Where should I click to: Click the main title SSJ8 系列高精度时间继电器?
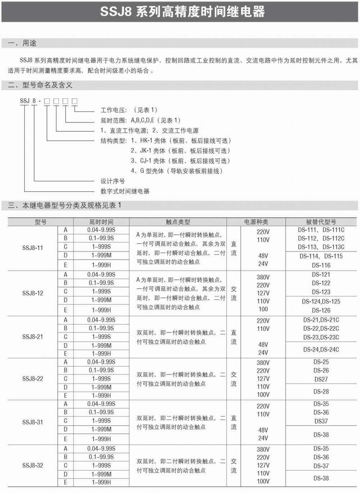[182, 12]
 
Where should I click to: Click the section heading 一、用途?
[22, 43]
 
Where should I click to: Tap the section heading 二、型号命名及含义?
[40, 85]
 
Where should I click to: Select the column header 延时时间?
[101, 222]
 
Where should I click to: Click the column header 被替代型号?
[321, 222]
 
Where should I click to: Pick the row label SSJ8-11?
[32, 248]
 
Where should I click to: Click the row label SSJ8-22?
[32, 379]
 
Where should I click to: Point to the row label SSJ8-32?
[32, 465]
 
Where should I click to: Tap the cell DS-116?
[321, 265]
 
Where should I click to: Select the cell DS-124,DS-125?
[321, 301]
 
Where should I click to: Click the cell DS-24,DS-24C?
[321, 349]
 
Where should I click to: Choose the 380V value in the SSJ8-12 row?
[263, 277]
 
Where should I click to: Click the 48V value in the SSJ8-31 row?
[263, 430]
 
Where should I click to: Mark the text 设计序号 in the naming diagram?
[112, 181]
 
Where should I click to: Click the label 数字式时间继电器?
[125, 191]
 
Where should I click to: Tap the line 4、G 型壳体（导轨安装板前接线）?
[176, 171]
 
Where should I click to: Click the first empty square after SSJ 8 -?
[47, 101]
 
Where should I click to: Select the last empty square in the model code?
[75, 101]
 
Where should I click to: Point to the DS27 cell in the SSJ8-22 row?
[321, 379]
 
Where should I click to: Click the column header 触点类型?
[178, 222]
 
